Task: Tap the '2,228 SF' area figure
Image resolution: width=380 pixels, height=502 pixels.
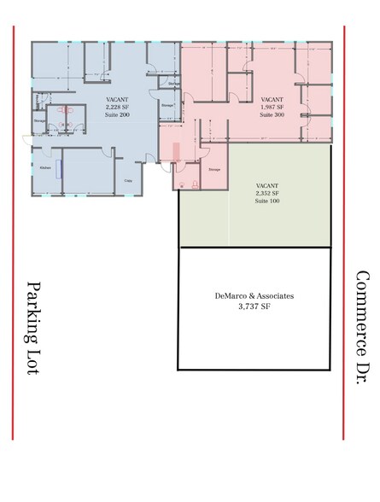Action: click(x=117, y=106)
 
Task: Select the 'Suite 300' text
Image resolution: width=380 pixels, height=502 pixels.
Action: click(x=272, y=113)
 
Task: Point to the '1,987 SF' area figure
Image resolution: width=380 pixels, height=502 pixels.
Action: click(x=272, y=106)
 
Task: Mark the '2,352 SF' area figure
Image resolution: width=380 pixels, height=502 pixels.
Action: click(x=268, y=194)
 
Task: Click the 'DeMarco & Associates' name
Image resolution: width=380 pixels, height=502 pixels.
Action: click(x=254, y=295)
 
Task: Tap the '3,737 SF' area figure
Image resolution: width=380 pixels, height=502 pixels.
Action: click(x=254, y=306)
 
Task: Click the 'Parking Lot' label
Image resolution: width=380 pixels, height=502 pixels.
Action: click(x=35, y=329)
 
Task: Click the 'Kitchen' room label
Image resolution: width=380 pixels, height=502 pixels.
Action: click(x=45, y=168)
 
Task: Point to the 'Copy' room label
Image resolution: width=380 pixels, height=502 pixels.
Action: click(x=128, y=180)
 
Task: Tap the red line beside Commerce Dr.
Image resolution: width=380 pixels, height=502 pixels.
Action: click(x=344, y=231)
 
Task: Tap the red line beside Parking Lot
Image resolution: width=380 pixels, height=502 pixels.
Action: click(x=14, y=231)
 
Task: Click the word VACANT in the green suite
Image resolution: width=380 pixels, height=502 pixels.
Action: click(x=268, y=186)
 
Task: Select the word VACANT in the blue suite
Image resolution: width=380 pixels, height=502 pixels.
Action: click(x=117, y=99)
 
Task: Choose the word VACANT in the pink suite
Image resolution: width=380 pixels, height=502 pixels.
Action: click(x=272, y=99)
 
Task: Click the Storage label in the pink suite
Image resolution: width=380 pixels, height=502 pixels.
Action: click(x=214, y=169)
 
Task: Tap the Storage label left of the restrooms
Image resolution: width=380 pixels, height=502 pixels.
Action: click(x=39, y=120)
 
